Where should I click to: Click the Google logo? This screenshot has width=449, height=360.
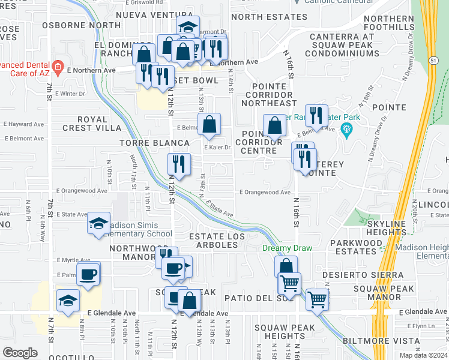click(20, 352)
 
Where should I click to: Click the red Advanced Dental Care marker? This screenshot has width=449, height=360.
click(58, 67)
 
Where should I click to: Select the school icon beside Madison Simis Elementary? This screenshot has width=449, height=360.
click(99, 224)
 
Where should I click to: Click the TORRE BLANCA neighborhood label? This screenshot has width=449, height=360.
click(154, 143)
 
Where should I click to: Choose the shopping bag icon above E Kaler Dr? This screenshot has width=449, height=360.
click(209, 125)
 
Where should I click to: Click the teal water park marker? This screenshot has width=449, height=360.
click(345, 128)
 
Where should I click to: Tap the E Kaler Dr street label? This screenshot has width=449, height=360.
click(217, 147)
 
